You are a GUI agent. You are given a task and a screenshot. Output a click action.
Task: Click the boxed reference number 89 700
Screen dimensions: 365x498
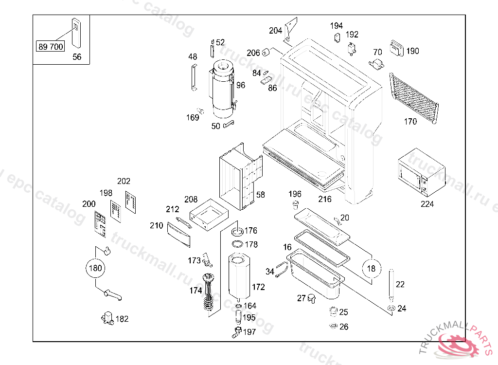pyautogui.click(x=51, y=47)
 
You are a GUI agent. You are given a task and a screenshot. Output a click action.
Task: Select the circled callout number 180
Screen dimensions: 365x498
pyautogui.click(x=95, y=268)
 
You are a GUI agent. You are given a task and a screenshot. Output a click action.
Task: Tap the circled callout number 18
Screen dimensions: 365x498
pyautogui.click(x=372, y=268)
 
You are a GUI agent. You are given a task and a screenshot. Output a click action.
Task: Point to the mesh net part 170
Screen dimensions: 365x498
pyautogui.click(x=413, y=97)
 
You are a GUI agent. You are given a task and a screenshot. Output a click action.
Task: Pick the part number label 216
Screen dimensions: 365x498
pyautogui.click(x=325, y=199)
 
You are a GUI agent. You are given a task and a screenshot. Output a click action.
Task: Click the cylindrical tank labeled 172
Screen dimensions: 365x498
pyautogui.click(x=238, y=277)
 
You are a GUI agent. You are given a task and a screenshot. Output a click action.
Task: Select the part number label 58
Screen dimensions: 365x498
pyautogui.click(x=261, y=195)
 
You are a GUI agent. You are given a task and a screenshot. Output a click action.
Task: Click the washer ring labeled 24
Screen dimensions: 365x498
pyautogui.click(x=391, y=308)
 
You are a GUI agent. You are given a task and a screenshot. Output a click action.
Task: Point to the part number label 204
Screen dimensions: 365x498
pyautogui.click(x=275, y=31)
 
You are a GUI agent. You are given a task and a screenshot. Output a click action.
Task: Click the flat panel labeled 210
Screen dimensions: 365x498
pyautogui.click(x=178, y=234)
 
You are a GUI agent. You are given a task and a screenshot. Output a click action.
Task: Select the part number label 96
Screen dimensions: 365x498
pyautogui.click(x=241, y=85)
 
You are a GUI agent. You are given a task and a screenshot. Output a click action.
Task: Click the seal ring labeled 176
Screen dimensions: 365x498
pyautogui.click(x=238, y=230)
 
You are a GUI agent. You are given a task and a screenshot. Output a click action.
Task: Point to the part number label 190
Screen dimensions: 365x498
pyautogui.click(x=412, y=51)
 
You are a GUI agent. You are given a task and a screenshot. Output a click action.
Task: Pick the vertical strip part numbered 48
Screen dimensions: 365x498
pyautogui.click(x=193, y=77)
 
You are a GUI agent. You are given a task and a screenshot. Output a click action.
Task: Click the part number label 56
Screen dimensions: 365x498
pyautogui.click(x=77, y=57)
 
